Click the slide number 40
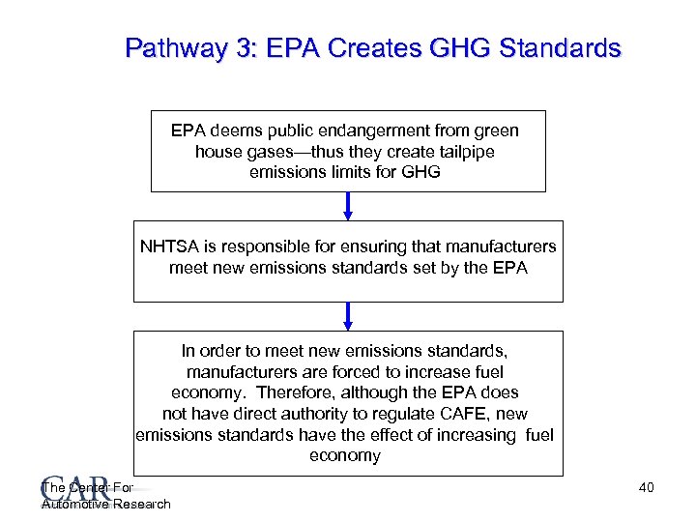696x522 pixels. [647, 487]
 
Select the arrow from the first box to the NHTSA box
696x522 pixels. [349, 207]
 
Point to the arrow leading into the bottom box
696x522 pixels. [349, 316]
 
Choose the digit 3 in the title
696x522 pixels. [236, 47]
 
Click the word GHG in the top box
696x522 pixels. [425, 173]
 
